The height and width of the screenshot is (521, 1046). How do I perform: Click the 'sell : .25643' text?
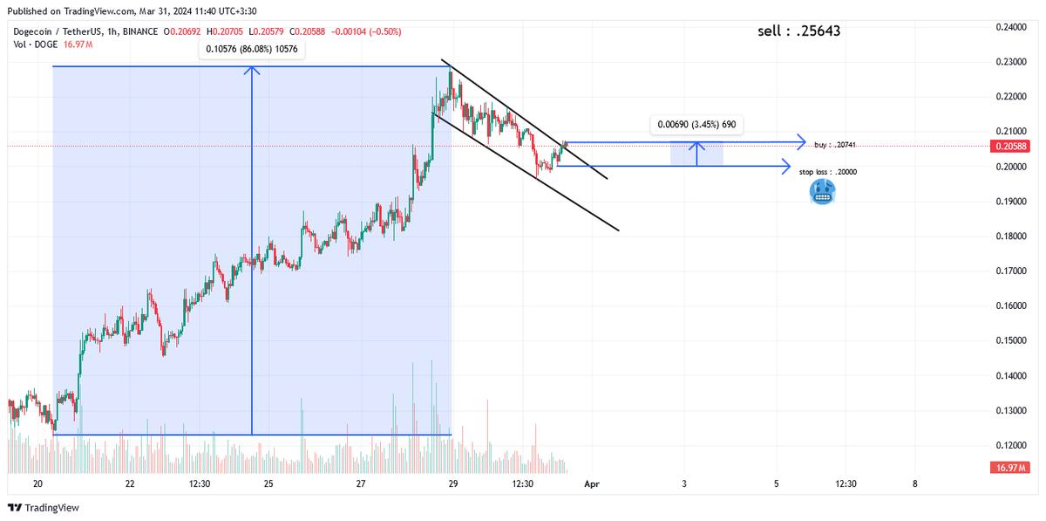pyautogui.click(x=799, y=31)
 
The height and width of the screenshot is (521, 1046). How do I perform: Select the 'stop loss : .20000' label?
pyautogui.click(x=828, y=172)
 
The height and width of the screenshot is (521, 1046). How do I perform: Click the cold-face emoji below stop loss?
pyautogui.click(x=822, y=192)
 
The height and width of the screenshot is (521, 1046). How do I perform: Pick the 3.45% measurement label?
pyautogui.click(x=696, y=125)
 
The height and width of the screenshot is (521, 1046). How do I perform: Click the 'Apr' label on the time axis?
pyautogui.click(x=593, y=483)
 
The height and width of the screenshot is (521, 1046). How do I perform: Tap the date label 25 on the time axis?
pyautogui.click(x=268, y=483)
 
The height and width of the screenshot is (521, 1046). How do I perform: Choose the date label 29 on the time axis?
pyautogui.click(x=452, y=483)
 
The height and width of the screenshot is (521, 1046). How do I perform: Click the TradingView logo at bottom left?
pyautogui.click(x=44, y=508)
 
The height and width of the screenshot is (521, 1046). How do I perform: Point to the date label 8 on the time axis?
pyautogui.click(x=914, y=483)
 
